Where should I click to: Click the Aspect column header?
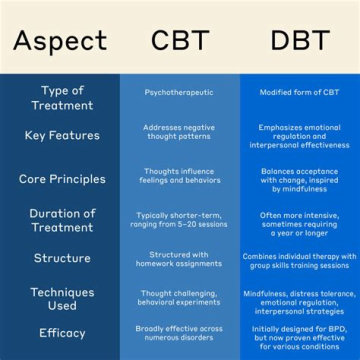(x=60, y=40)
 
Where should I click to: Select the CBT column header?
(x=179, y=40)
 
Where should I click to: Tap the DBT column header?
(x=300, y=40)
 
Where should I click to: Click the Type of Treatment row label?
(x=62, y=98)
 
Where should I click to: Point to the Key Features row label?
(x=62, y=135)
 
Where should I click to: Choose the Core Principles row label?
(x=62, y=179)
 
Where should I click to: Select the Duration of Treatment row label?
(x=62, y=220)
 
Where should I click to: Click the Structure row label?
(x=62, y=258)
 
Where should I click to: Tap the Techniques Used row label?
(x=62, y=298)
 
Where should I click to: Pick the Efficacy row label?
(x=62, y=333)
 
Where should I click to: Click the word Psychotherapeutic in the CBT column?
(x=179, y=92)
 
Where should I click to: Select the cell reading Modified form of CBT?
(x=299, y=92)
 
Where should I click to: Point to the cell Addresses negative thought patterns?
(x=179, y=132)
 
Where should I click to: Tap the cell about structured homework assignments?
(x=179, y=259)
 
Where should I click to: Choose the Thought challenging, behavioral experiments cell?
(x=179, y=297)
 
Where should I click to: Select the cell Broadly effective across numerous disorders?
(x=179, y=333)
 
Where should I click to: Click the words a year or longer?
(x=299, y=233)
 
